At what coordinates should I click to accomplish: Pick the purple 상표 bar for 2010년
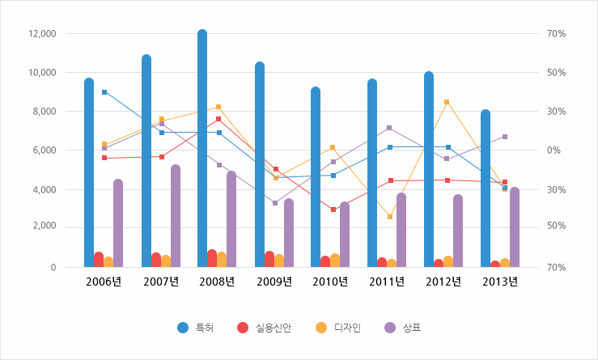coord(345,235)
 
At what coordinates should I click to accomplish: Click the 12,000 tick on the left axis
coord(40,34)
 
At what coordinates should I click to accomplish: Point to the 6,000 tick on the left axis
coord(44,150)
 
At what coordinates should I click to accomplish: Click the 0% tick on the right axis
coord(555,150)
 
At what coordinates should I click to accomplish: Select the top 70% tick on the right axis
coord(555,34)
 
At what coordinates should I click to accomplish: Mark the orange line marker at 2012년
coord(447,102)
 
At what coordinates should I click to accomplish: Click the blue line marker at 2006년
coord(104,92)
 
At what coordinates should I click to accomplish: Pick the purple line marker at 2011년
coord(389,128)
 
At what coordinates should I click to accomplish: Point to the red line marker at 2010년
coord(333,210)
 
